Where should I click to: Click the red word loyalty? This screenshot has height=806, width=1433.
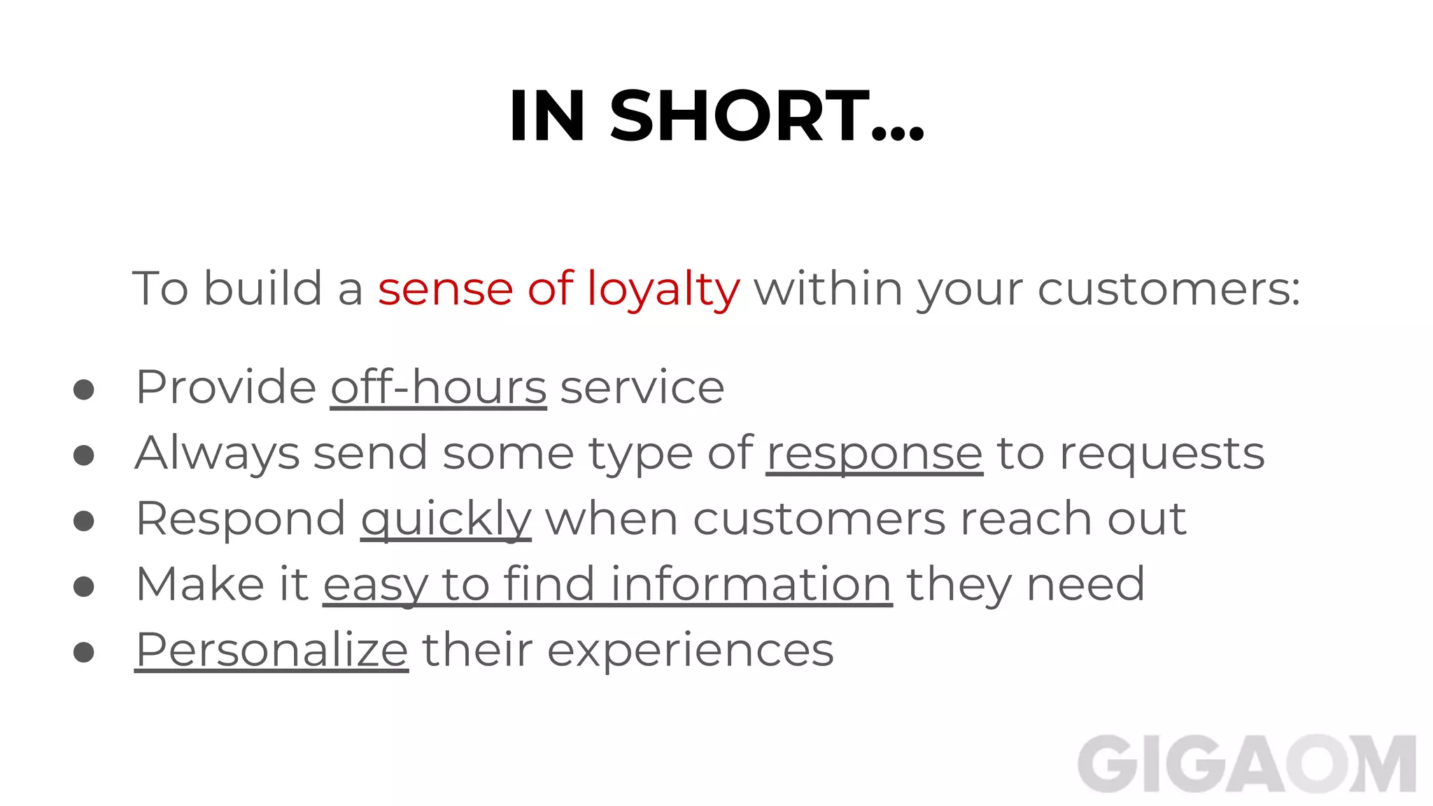[x=663, y=289]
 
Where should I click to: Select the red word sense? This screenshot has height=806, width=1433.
[x=446, y=289]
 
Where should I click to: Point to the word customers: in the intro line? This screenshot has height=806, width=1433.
[x=1169, y=289]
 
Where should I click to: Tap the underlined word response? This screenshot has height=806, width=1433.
[x=875, y=453]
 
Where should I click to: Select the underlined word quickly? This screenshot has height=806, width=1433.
[x=446, y=519]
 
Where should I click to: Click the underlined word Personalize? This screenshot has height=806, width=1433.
[x=271, y=650]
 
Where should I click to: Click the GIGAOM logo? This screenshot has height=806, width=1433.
[x=1247, y=764]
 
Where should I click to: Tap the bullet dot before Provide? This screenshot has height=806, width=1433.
[x=84, y=390]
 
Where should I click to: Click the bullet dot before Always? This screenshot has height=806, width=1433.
[x=84, y=455]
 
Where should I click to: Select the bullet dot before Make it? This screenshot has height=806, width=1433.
[x=84, y=586]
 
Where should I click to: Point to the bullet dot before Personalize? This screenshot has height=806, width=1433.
[x=84, y=652]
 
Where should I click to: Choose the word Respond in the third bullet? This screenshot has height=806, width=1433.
[x=241, y=519]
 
